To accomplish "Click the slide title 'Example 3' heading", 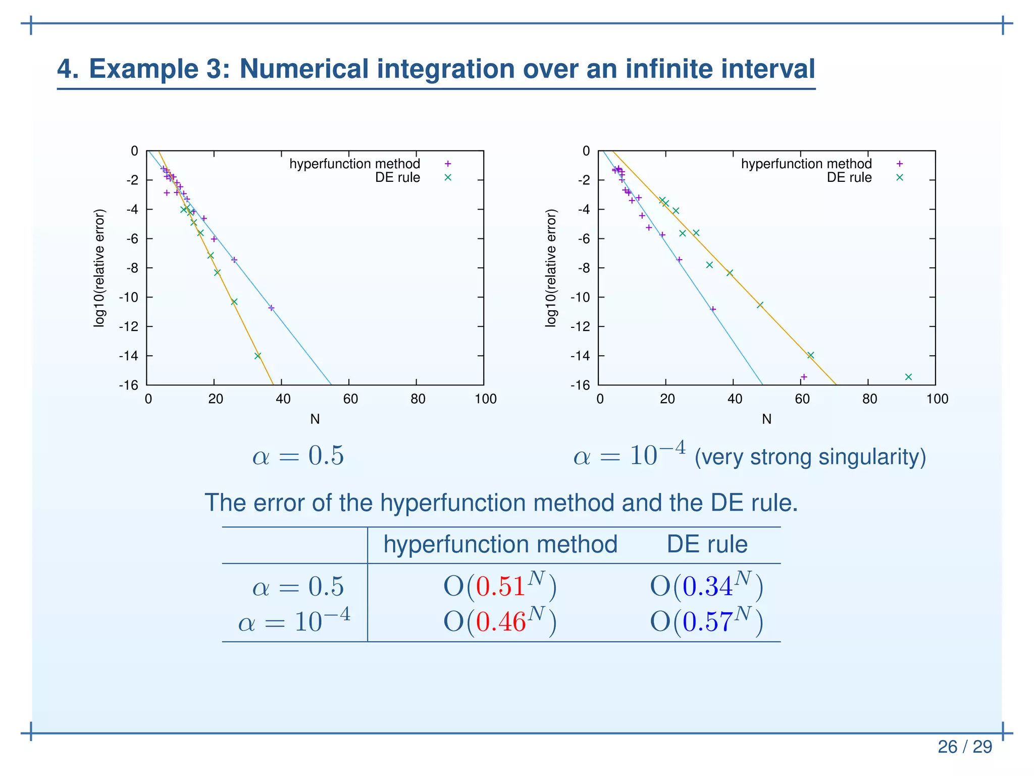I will pos(436,69).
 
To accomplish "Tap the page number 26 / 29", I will pos(964,746).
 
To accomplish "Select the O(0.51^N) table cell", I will pos(500,587).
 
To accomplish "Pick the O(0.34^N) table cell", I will pos(706,587).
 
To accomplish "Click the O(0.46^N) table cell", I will pos(500,621).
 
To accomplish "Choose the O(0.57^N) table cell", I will pos(706,621).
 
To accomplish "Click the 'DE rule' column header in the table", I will pos(707,544).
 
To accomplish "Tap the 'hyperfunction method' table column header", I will pos(500,544).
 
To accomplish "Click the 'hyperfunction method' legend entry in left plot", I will pos(354,164).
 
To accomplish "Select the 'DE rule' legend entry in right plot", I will pos(849,177).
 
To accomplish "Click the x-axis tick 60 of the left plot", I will pos(350,399).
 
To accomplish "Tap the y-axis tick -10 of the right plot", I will pos(580,297).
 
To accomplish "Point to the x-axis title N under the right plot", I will pos(766,419).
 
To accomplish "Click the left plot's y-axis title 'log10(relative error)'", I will pos(99,268).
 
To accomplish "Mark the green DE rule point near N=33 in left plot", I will pos(257,356).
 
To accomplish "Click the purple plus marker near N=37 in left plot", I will pos(271,308).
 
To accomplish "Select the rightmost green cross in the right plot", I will pos(908,377).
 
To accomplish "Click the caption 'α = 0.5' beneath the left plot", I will pos(298,456).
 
